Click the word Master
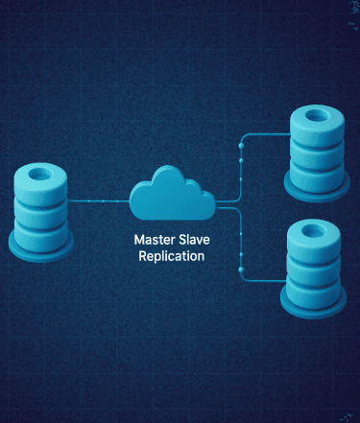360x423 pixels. [156, 240]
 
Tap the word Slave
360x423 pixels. [194, 240]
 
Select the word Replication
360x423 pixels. [172, 256]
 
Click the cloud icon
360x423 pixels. [172, 194]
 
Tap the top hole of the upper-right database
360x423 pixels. [317, 116]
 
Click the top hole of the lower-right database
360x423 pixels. [314, 230]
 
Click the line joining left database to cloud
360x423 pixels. [99, 201]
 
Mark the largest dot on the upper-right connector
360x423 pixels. [241, 146]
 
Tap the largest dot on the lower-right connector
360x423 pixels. [241, 270]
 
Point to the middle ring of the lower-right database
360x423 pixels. [314, 269]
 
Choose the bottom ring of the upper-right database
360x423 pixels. [317, 176]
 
